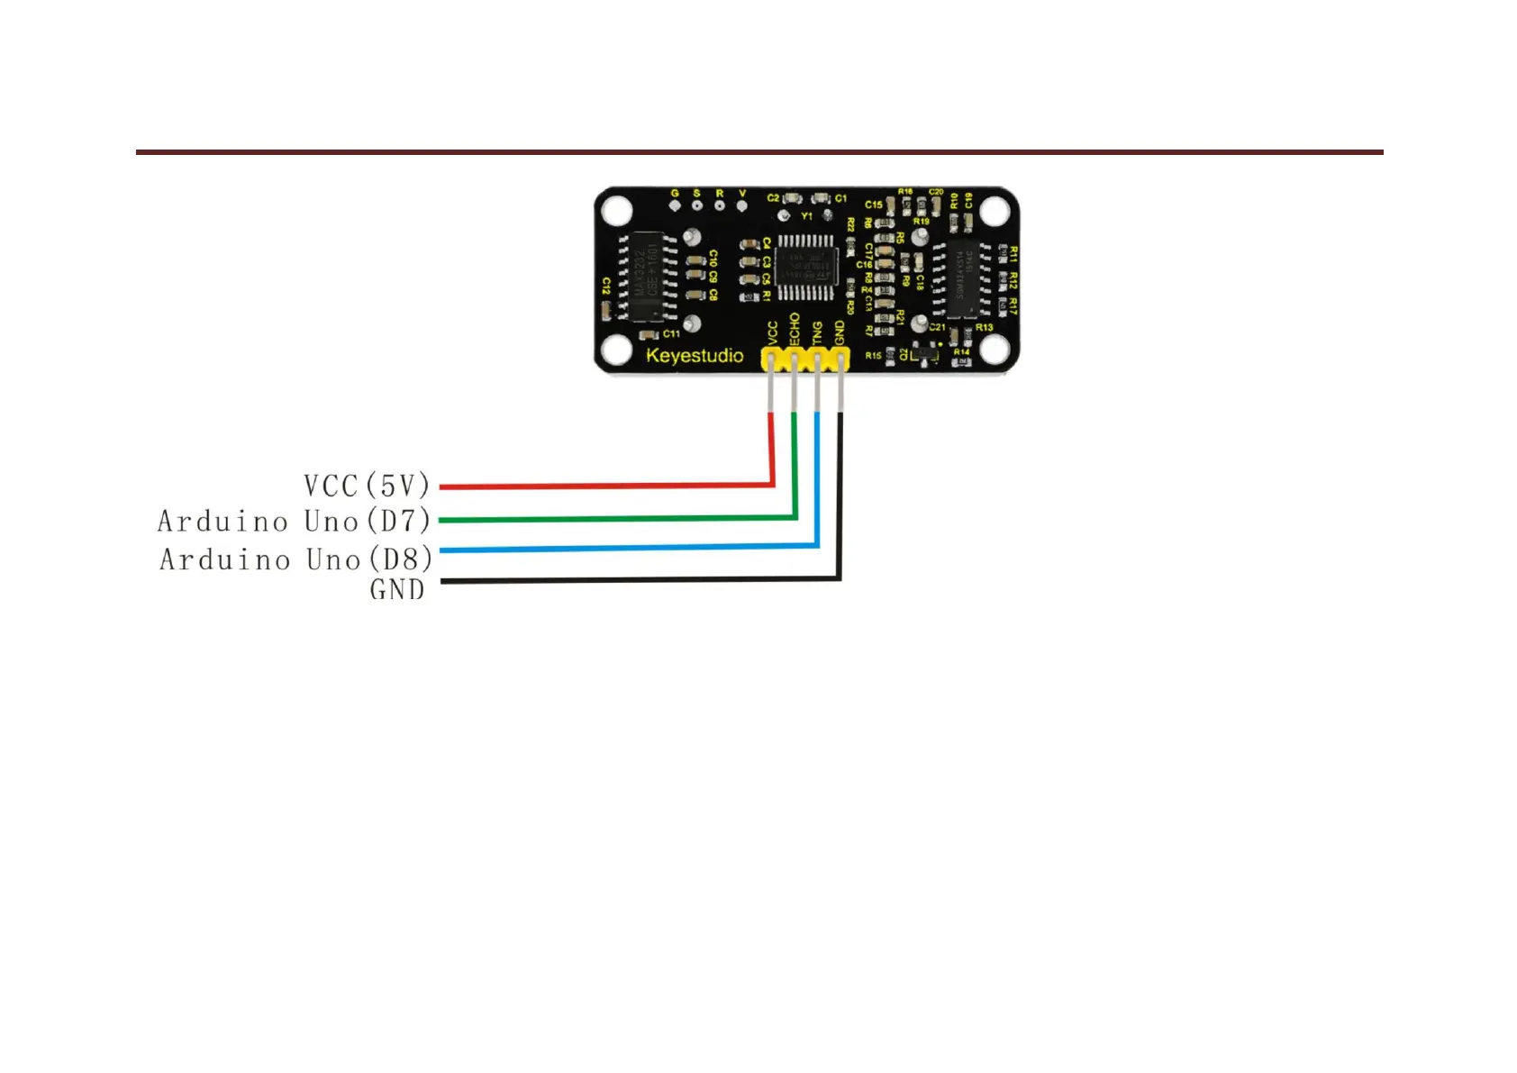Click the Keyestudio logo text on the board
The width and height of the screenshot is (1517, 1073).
(x=695, y=356)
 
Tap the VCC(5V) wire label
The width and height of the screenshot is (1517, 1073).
(x=367, y=486)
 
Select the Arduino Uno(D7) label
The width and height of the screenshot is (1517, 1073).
(x=294, y=521)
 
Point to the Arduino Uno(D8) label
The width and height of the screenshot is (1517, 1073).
(x=295, y=559)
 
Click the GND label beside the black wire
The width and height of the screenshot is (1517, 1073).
(x=396, y=589)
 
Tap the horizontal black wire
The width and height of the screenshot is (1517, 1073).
(x=640, y=580)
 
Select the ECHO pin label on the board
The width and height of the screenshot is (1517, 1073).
(x=794, y=330)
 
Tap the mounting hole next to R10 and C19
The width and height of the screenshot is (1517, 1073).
(x=994, y=212)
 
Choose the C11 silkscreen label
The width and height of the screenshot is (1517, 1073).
(x=671, y=334)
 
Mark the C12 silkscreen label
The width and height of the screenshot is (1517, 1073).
(x=606, y=286)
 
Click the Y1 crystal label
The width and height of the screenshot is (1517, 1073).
(x=807, y=216)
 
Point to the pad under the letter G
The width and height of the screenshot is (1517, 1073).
(x=675, y=205)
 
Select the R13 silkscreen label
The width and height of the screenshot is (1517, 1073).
(x=984, y=327)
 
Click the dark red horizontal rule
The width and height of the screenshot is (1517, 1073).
(x=758, y=152)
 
